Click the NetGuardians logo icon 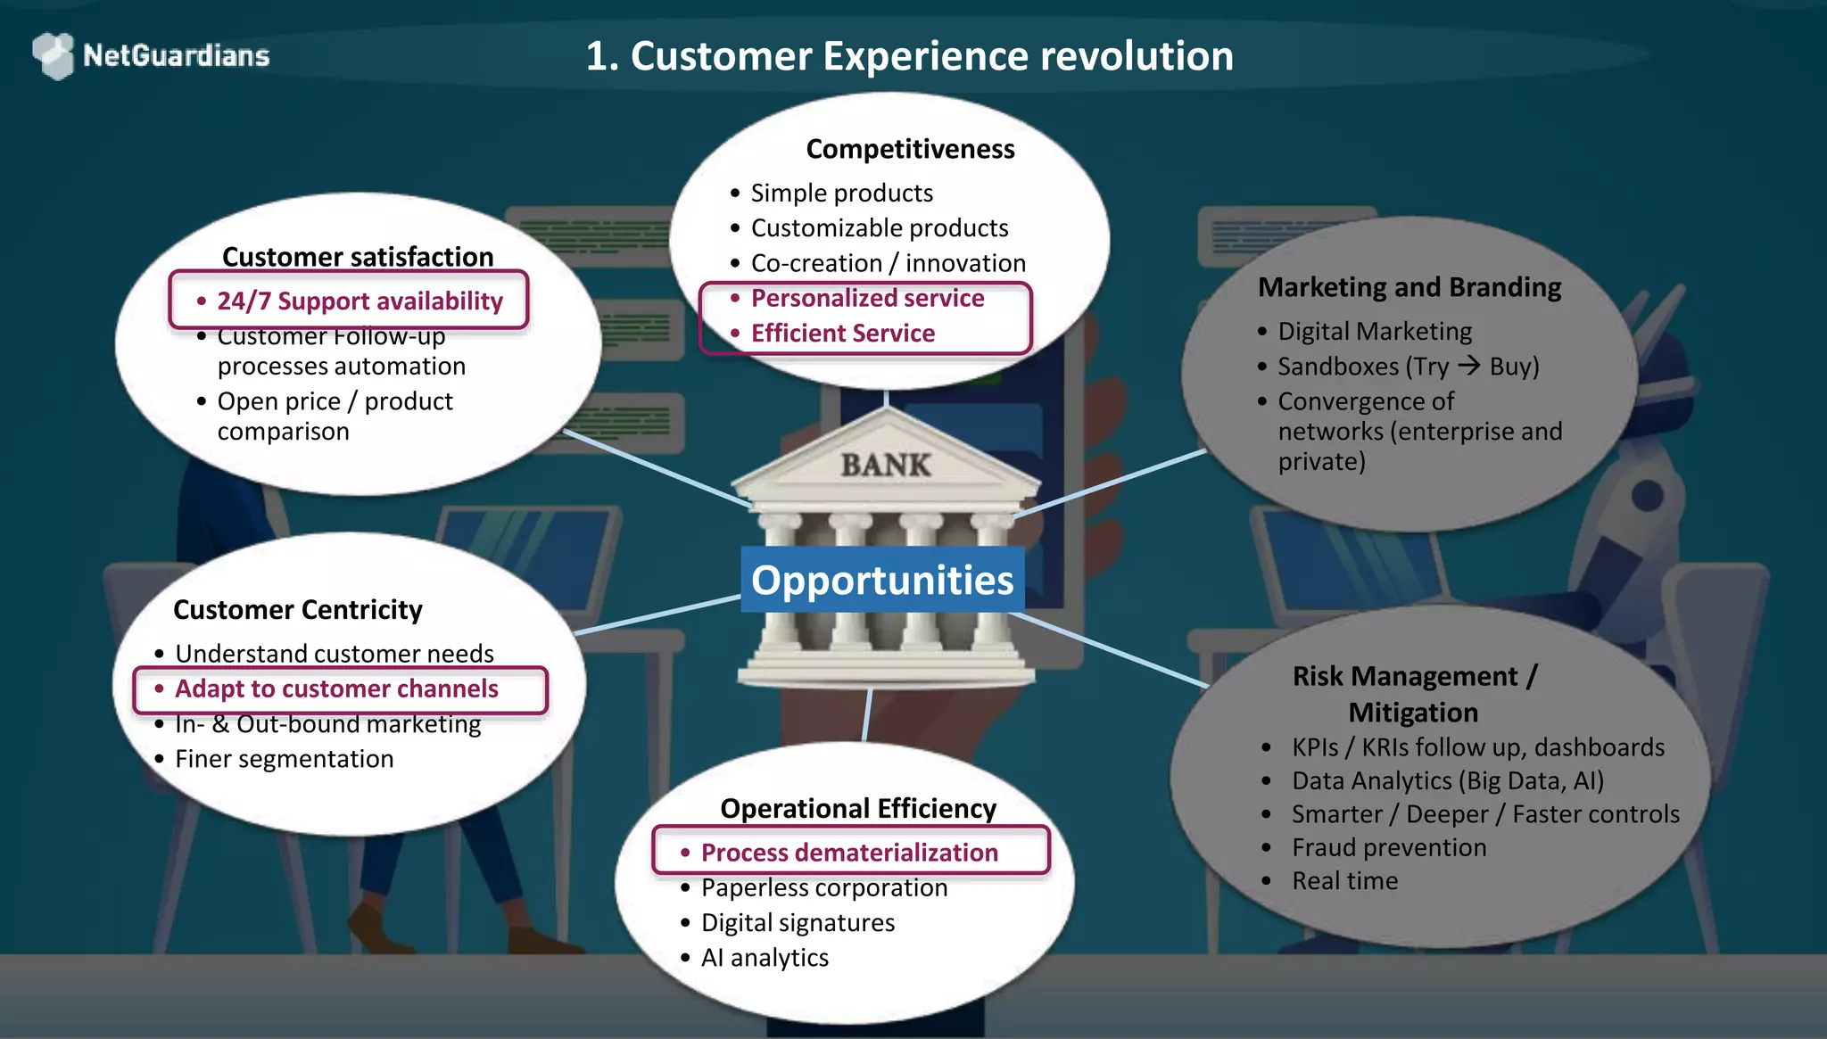click(54, 55)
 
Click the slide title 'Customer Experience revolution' click(909, 56)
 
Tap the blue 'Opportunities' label click(882, 580)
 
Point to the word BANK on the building click(885, 465)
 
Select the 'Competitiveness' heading click(910, 149)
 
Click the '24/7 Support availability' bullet click(360, 301)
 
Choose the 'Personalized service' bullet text click(867, 298)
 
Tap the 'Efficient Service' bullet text click(843, 334)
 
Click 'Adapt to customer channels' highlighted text click(336, 689)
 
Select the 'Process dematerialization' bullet click(849, 853)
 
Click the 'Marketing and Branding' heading click(1410, 287)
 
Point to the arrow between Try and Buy click(1468, 366)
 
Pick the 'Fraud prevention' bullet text click(1389, 847)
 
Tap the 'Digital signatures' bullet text click(798, 923)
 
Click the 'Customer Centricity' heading click(298, 610)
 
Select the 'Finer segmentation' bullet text click(284, 759)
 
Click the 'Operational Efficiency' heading click(858, 809)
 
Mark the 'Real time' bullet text click(1344, 881)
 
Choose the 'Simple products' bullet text click(841, 194)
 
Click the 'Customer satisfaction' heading click(358, 257)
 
